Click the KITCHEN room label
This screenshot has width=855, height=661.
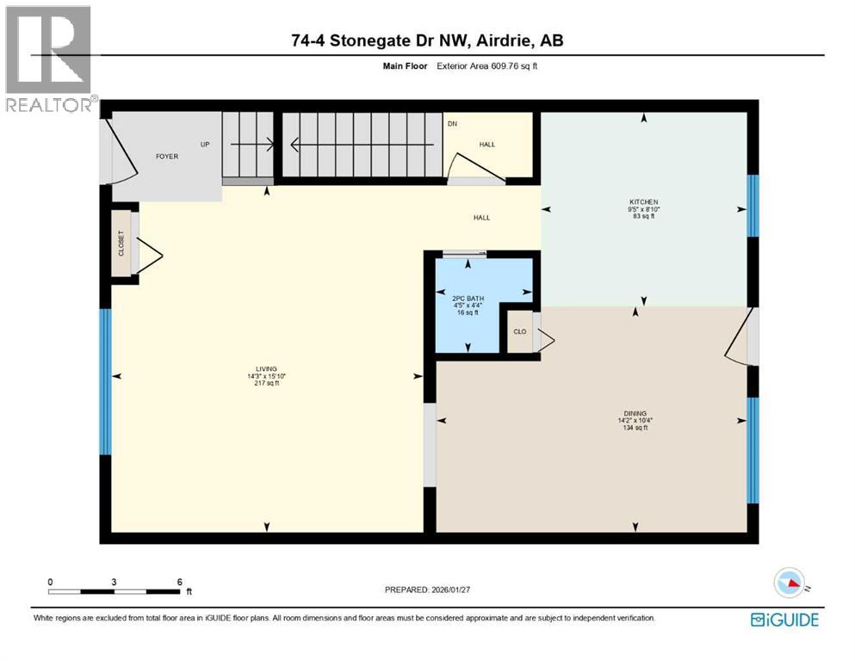tap(643, 203)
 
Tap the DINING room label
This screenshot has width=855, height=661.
tap(635, 413)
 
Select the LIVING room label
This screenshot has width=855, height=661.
tap(263, 368)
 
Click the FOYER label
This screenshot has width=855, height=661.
tap(166, 157)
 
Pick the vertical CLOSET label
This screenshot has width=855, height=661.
tap(121, 243)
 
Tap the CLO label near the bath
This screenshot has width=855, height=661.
tap(519, 330)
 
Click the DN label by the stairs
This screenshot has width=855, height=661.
tap(451, 124)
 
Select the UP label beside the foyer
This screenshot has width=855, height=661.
tap(205, 144)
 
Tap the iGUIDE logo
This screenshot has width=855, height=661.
tap(784, 619)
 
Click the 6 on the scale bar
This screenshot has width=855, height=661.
tap(179, 582)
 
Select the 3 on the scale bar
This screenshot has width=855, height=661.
tap(115, 582)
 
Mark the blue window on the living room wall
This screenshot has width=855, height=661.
tap(105, 381)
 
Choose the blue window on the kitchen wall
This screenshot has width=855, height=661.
tap(753, 205)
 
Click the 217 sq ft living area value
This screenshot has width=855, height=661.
tap(263, 383)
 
